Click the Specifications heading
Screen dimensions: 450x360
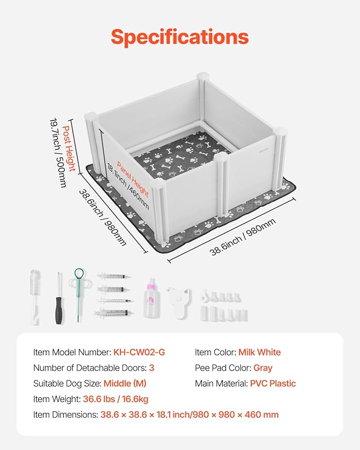point(180,37)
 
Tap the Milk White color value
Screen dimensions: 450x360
point(259,352)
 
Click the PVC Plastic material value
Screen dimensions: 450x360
point(273,383)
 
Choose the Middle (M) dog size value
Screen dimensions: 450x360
point(125,383)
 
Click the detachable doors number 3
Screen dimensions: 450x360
point(152,368)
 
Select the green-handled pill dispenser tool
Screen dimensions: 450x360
point(79,294)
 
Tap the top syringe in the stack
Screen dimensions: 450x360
point(112,277)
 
